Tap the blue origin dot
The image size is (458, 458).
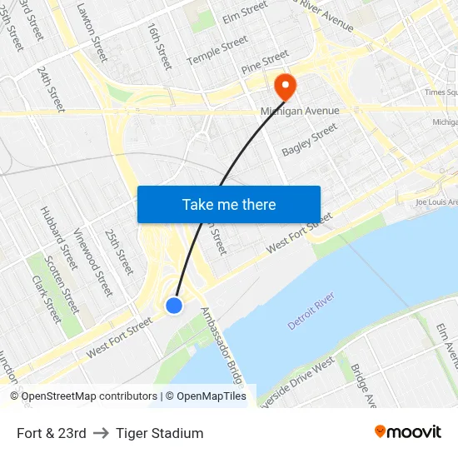(x=174, y=306)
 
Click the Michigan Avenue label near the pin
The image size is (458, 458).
(x=300, y=111)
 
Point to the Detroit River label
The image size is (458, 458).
(x=311, y=311)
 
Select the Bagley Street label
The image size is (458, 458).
(x=310, y=139)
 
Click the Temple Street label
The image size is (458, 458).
(x=217, y=50)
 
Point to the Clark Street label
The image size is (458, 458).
(x=47, y=300)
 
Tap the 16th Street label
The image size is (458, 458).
(x=158, y=45)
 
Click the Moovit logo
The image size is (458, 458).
(x=407, y=432)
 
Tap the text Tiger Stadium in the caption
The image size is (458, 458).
(x=159, y=433)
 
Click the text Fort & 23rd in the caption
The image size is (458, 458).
(x=51, y=433)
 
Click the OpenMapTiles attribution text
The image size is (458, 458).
(x=206, y=396)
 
